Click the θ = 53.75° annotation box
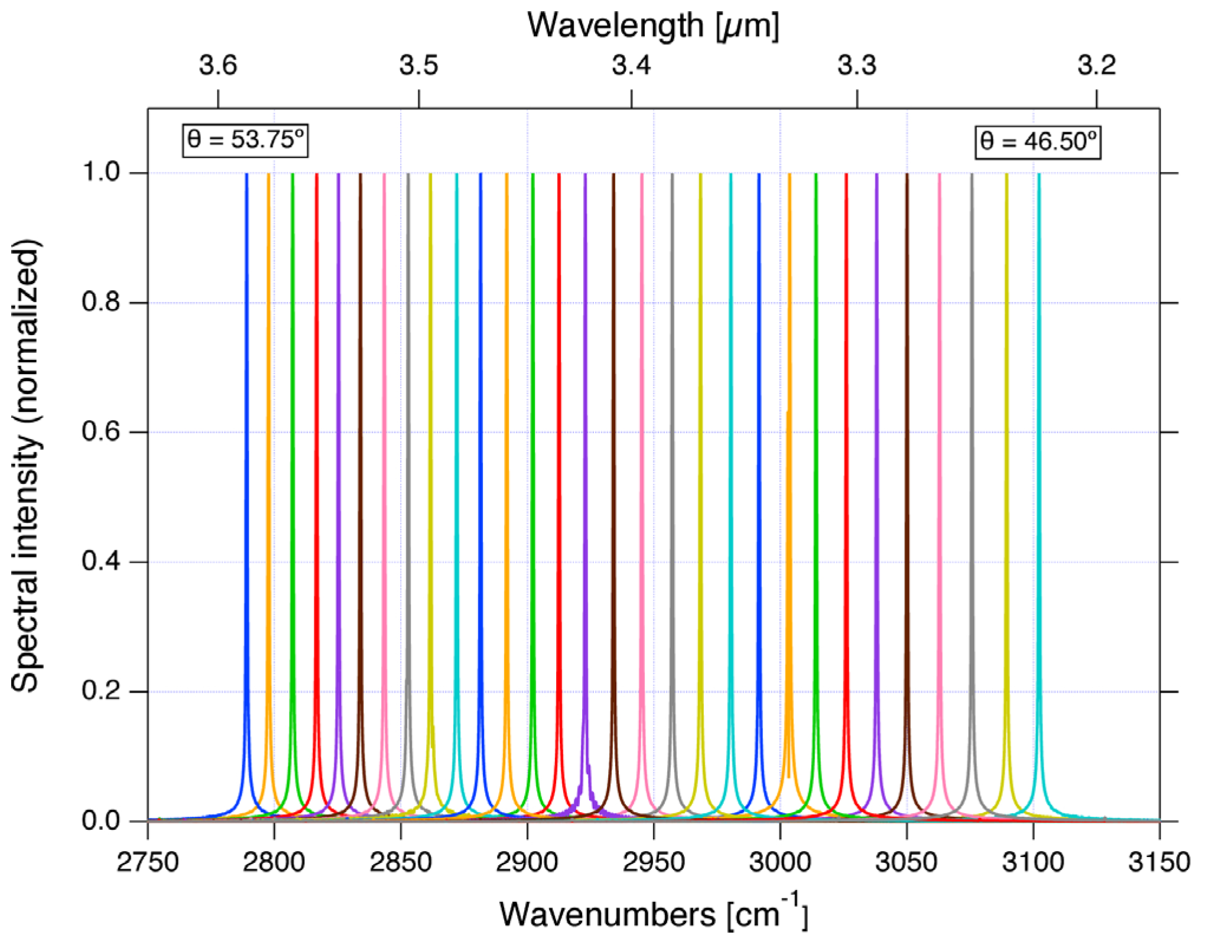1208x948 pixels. (245, 140)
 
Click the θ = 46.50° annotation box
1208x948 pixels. (1037, 142)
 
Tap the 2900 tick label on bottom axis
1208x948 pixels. (527, 862)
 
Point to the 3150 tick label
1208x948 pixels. (1159, 862)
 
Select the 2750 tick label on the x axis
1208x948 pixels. (148, 862)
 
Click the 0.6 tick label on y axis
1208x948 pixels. (100, 431)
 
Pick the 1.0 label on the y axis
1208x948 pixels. (100, 173)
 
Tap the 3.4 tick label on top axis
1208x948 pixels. (631, 66)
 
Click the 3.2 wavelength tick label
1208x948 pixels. (1096, 66)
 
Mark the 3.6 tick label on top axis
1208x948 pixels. (218, 66)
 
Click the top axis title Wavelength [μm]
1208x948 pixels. (653, 26)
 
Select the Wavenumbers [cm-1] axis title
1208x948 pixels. (653, 914)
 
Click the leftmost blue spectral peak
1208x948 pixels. (247, 473)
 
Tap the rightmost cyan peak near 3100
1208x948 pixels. (1039, 473)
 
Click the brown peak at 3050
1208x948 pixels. (907, 473)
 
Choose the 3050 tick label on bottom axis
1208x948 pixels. (906, 862)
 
